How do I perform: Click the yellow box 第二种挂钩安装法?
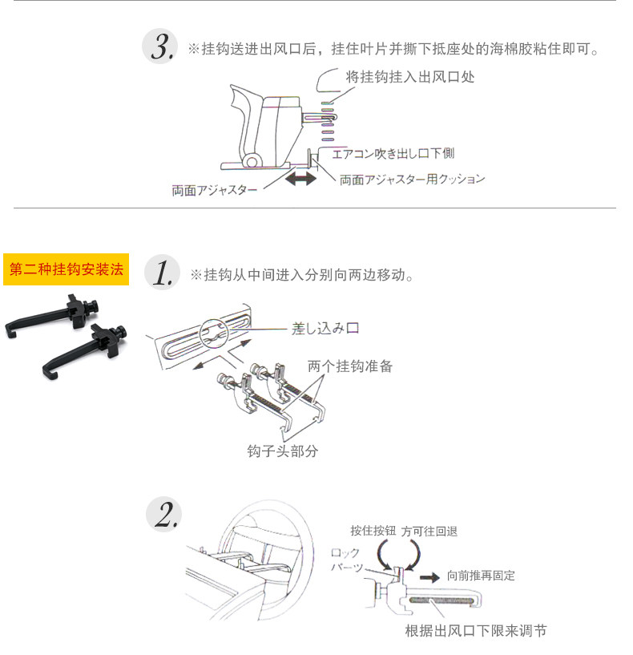tap(67, 269)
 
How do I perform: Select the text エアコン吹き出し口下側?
tap(393, 152)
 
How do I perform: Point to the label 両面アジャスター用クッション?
tap(413, 179)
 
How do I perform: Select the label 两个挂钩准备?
tap(350, 366)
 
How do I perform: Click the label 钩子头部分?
tap(282, 451)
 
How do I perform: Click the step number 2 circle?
tap(163, 514)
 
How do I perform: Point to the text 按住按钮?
tap(373, 531)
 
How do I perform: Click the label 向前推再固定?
tap(481, 576)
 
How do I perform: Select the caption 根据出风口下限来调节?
tap(476, 631)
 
